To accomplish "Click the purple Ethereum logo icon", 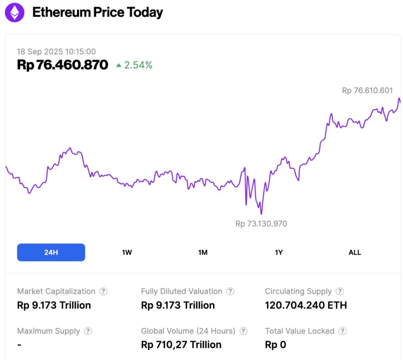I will pyautogui.click(x=15, y=12).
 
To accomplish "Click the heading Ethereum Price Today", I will pyautogui.click(x=98, y=13).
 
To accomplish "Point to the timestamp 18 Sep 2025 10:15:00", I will pyautogui.click(x=56, y=52).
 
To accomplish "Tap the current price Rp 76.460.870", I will pyautogui.click(x=63, y=65).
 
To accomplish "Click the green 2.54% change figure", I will pyautogui.click(x=139, y=65).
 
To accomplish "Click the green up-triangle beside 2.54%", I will pyautogui.click(x=119, y=65).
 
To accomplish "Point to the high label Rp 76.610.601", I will pyautogui.click(x=367, y=90).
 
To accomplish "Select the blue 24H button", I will pyautogui.click(x=51, y=252).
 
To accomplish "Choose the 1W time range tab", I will pyautogui.click(x=127, y=252).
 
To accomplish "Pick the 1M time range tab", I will pyautogui.click(x=203, y=252).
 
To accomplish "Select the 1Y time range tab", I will pyautogui.click(x=279, y=252).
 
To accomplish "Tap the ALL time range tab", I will pyautogui.click(x=355, y=252).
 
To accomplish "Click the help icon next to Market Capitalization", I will pyautogui.click(x=103, y=292).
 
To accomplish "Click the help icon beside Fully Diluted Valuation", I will pyautogui.click(x=230, y=292).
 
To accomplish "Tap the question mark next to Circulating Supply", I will pyautogui.click(x=340, y=292).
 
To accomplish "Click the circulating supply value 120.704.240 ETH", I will pyautogui.click(x=306, y=305).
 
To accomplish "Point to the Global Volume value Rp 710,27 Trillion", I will pyautogui.click(x=181, y=345).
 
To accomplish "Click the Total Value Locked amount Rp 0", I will pyautogui.click(x=275, y=345).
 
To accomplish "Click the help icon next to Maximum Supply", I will pyautogui.click(x=88, y=331).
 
